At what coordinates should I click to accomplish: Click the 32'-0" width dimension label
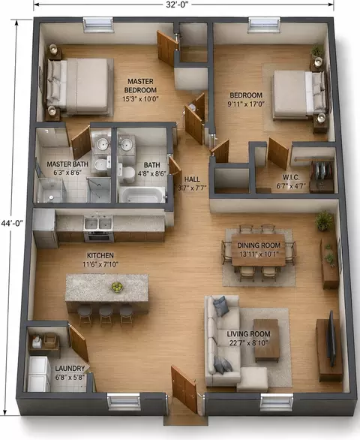(177, 5)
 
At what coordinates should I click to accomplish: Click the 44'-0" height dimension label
(12, 223)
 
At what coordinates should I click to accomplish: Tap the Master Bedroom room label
(140, 86)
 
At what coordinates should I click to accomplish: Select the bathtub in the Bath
(139, 194)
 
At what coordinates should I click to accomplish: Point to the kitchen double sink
(98, 224)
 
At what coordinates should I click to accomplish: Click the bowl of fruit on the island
(117, 287)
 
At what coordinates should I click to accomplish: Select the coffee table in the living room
(266, 340)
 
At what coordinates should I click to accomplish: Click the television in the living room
(331, 339)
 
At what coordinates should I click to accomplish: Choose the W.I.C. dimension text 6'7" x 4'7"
(292, 185)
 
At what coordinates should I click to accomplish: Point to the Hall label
(192, 179)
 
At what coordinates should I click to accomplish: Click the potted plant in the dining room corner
(325, 221)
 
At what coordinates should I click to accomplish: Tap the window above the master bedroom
(98, 25)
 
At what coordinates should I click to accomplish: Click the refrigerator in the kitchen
(45, 229)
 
